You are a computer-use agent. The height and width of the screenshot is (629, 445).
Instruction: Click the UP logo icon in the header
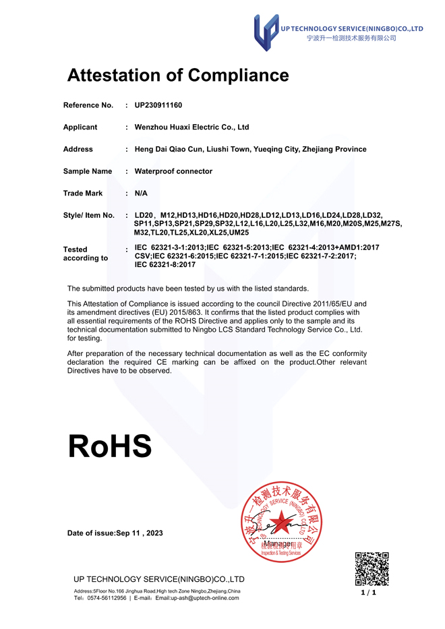click(266, 32)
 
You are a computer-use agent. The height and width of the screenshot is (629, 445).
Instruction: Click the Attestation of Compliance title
click(178, 75)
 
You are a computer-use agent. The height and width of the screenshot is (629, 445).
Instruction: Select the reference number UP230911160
click(158, 105)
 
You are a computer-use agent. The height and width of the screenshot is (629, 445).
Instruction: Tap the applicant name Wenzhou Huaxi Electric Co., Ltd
click(191, 127)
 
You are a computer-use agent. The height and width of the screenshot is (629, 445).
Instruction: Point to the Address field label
click(78, 149)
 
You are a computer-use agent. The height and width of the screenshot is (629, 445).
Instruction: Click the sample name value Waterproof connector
click(173, 171)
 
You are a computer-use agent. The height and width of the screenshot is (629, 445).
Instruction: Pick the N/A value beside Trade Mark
click(141, 193)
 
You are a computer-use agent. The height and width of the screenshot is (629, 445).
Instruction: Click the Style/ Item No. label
click(89, 215)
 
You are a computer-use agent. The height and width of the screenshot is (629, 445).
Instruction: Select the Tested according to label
click(86, 253)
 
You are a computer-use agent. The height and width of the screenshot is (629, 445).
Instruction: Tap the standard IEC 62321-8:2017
click(165, 265)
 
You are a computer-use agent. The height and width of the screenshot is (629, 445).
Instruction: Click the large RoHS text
click(110, 446)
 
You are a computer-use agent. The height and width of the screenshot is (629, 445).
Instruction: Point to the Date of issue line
click(115, 533)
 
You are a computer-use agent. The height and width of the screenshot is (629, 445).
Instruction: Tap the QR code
click(372, 568)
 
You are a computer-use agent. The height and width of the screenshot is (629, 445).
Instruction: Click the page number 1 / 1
click(369, 592)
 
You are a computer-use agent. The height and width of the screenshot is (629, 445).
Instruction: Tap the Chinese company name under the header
click(351, 38)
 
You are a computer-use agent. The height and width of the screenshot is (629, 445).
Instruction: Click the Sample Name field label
click(88, 171)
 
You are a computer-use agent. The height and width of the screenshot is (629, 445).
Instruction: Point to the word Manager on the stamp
click(278, 543)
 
